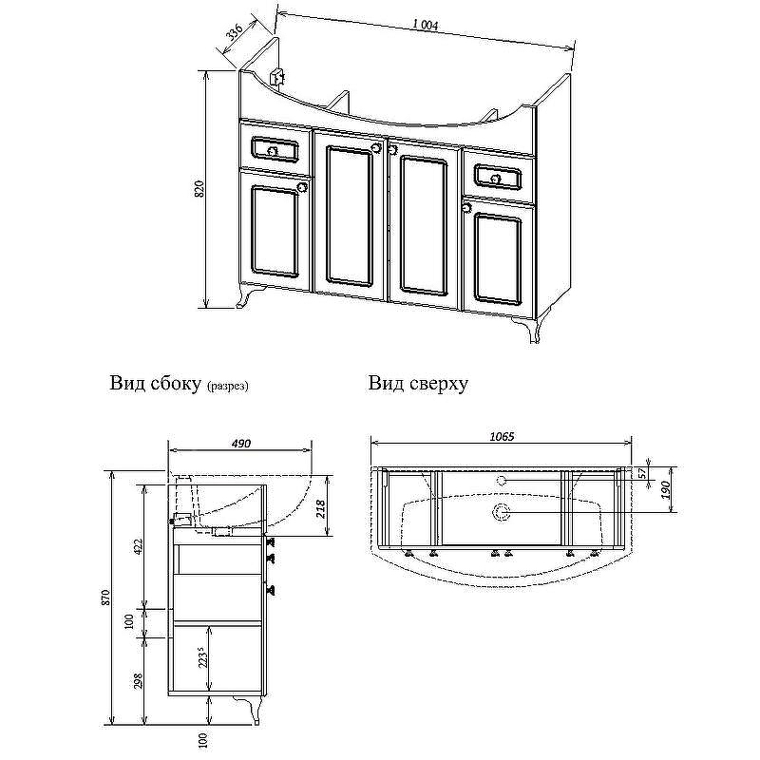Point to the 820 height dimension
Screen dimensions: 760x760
(x=199, y=189)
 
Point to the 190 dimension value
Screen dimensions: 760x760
(x=667, y=490)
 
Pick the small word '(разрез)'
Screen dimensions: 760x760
(x=227, y=387)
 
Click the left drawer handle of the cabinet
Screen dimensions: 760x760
(x=273, y=150)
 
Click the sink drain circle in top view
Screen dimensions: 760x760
(x=502, y=514)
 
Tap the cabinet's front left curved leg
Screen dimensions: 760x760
(x=251, y=299)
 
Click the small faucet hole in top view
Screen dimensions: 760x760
(x=502, y=482)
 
